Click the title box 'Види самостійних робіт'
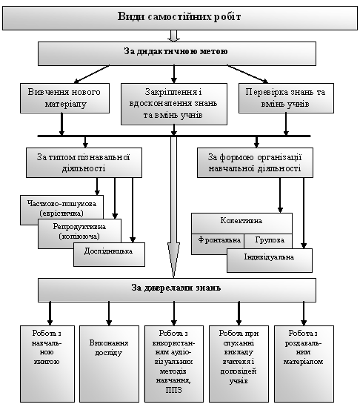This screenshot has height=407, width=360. [180, 19]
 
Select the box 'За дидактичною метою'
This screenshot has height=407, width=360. [177, 53]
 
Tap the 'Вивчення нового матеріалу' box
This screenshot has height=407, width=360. [65, 98]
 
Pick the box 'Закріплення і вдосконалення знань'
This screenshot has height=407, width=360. [174, 104]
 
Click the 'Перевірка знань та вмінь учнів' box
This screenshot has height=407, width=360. [286, 98]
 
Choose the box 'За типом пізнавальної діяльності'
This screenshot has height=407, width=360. [84, 163]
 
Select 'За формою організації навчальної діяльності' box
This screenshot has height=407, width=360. [255, 163]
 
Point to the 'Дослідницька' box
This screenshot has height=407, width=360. [109, 254]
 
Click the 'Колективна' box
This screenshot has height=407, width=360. [241, 223]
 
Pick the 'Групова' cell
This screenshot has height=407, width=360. [268, 241]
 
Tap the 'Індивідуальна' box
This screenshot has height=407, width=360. [270, 260]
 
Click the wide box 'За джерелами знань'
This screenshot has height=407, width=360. [177, 290]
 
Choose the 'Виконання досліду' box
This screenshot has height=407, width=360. [109, 364]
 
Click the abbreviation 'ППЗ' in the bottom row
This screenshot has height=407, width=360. [174, 390]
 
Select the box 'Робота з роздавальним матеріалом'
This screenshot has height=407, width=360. [304, 364]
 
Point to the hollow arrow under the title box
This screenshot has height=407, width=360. [174, 36]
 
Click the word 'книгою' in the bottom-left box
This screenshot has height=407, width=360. [47, 362]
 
